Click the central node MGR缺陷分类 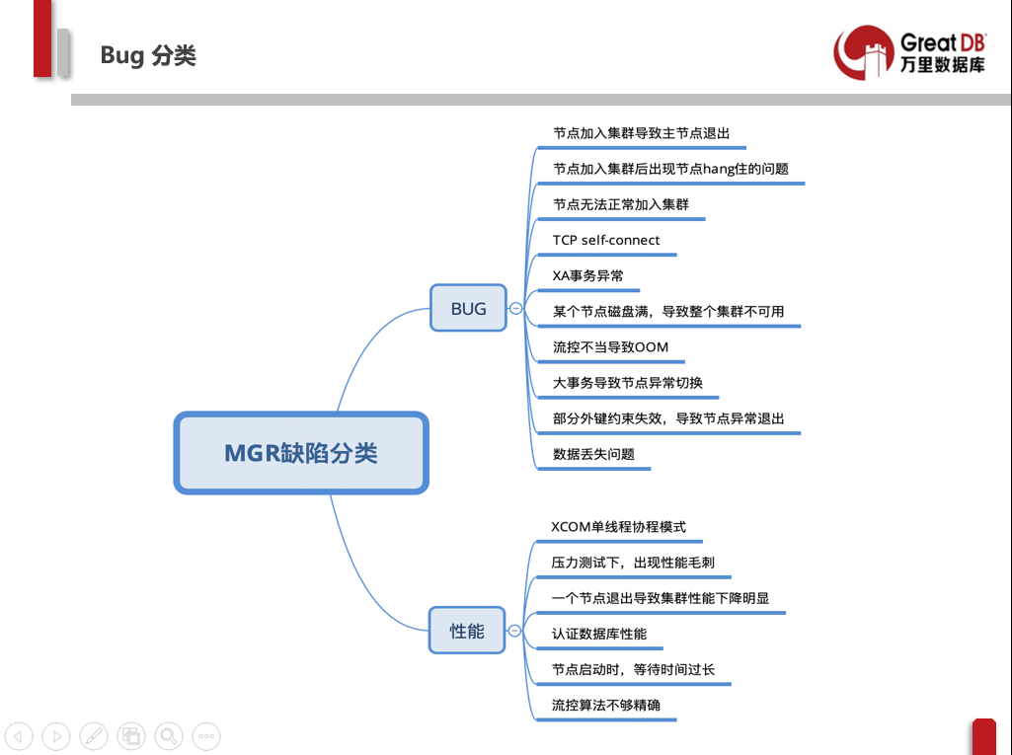tap(301, 453)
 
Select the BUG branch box tap(468, 308)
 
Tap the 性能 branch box tap(467, 630)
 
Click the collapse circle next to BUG tap(515, 308)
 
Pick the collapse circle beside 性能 tap(514, 630)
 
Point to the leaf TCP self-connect tap(606, 240)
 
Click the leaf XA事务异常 tap(587, 275)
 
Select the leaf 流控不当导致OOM tap(610, 346)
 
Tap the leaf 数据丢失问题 tap(593, 454)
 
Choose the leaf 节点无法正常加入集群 tap(621, 204)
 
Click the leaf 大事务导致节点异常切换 tap(628, 382)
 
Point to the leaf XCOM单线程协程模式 tap(618, 526)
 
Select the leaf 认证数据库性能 tap(599, 634)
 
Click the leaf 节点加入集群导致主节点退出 tap(642, 133)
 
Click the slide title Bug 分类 tap(148, 55)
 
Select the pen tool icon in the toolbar tap(94, 735)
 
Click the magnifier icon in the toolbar tap(169, 735)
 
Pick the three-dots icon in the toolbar tap(206, 735)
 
